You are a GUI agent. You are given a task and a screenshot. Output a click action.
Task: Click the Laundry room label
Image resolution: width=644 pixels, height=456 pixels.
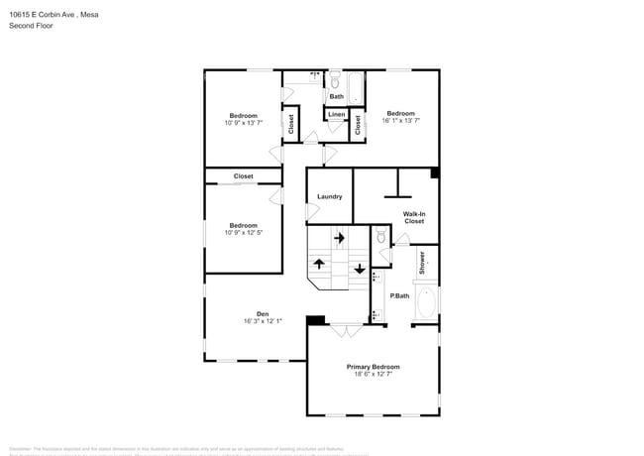click(x=329, y=196)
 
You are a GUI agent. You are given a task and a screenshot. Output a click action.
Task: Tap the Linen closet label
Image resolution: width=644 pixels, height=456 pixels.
click(x=337, y=115)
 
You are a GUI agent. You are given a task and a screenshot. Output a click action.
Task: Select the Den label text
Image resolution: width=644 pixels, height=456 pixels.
click(x=263, y=313)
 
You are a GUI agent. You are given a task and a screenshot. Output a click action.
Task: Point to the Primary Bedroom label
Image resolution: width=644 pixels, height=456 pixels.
click(x=373, y=367)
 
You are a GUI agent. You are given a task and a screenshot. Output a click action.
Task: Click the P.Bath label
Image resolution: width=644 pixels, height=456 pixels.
click(x=399, y=295)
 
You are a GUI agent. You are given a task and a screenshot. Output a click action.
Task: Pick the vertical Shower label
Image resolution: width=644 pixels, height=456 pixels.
click(x=421, y=263)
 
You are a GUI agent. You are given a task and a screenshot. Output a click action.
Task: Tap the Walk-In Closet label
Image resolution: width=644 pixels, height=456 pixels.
click(x=413, y=217)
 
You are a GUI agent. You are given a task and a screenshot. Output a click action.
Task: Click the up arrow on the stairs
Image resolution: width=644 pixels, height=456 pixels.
click(x=319, y=264)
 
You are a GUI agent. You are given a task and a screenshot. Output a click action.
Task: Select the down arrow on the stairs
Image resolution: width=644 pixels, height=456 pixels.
click(x=359, y=268)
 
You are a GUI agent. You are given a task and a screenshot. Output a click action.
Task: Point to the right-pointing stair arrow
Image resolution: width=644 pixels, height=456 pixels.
click(x=339, y=238)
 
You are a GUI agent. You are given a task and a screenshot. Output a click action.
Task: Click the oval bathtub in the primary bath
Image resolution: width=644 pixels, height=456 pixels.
click(x=426, y=301)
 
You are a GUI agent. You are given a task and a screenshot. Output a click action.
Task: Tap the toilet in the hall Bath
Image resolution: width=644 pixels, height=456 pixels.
click(x=335, y=83)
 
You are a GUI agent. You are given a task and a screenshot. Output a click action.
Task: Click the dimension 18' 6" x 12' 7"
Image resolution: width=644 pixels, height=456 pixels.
click(x=373, y=375)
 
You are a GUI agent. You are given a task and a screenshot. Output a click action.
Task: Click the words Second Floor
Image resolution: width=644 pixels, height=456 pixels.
click(x=32, y=26)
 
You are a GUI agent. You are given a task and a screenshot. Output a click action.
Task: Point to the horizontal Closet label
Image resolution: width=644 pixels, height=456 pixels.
click(x=243, y=176)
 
